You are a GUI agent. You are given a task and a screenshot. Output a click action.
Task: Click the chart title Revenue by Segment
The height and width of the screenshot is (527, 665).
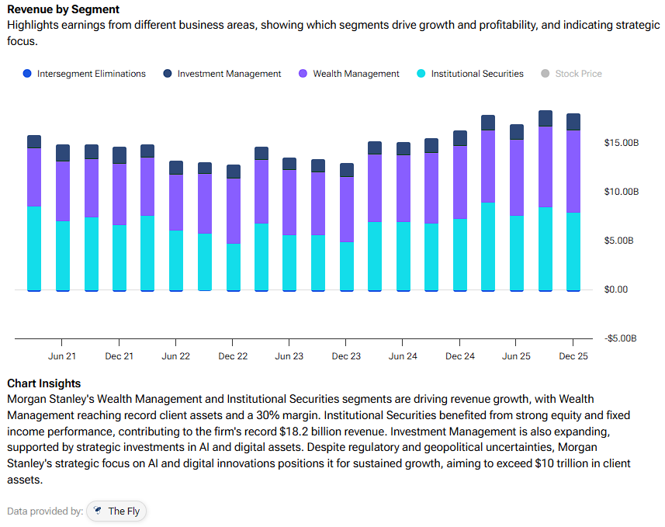pyautogui.click(x=63, y=9)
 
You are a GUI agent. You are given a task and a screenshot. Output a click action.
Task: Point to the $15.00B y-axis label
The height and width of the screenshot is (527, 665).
pyautogui.click(x=621, y=143)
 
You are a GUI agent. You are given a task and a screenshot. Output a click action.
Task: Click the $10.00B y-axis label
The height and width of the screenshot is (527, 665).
pyautogui.click(x=621, y=192)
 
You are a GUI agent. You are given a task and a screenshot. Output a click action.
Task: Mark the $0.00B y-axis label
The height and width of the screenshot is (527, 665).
pyautogui.click(x=621, y=290)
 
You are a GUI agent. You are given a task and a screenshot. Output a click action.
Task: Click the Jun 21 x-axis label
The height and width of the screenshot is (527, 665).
pyautogui.click(x=62, y=356)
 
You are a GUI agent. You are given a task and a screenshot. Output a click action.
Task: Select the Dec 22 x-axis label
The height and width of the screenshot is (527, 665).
pyautogui.click(x=233, y=356)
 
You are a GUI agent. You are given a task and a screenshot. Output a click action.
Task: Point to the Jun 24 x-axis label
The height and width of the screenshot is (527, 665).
pyautogui.click(x=403, y=356)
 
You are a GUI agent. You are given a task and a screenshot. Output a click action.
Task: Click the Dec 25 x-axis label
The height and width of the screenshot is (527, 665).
pyautogui.click(x=573, y=356)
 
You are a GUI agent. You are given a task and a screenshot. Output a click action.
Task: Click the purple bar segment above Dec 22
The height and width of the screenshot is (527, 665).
pyautogui.click(x=233, y=210)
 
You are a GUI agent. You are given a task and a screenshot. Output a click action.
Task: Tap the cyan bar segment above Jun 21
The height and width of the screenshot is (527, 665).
pyautogui.click(x=62, y=255)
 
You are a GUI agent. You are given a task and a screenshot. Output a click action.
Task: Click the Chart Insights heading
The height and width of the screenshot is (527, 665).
pyautogui.click(x=43, y=383)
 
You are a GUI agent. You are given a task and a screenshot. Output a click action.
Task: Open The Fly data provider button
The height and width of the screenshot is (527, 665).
pyautogui.click(x=117, y=511)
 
